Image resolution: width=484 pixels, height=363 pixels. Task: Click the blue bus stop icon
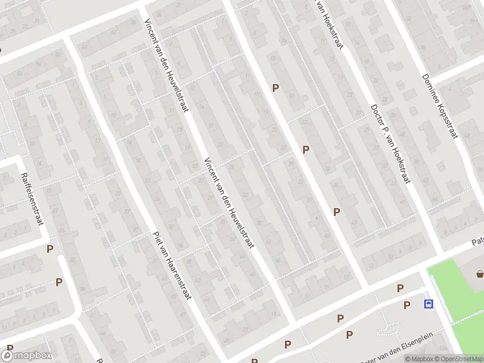(429, 304)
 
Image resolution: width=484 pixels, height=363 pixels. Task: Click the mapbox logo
(27, 355)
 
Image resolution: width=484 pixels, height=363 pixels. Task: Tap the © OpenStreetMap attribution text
(462, 359)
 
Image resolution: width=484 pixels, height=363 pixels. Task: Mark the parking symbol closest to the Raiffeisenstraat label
(50, 249)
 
